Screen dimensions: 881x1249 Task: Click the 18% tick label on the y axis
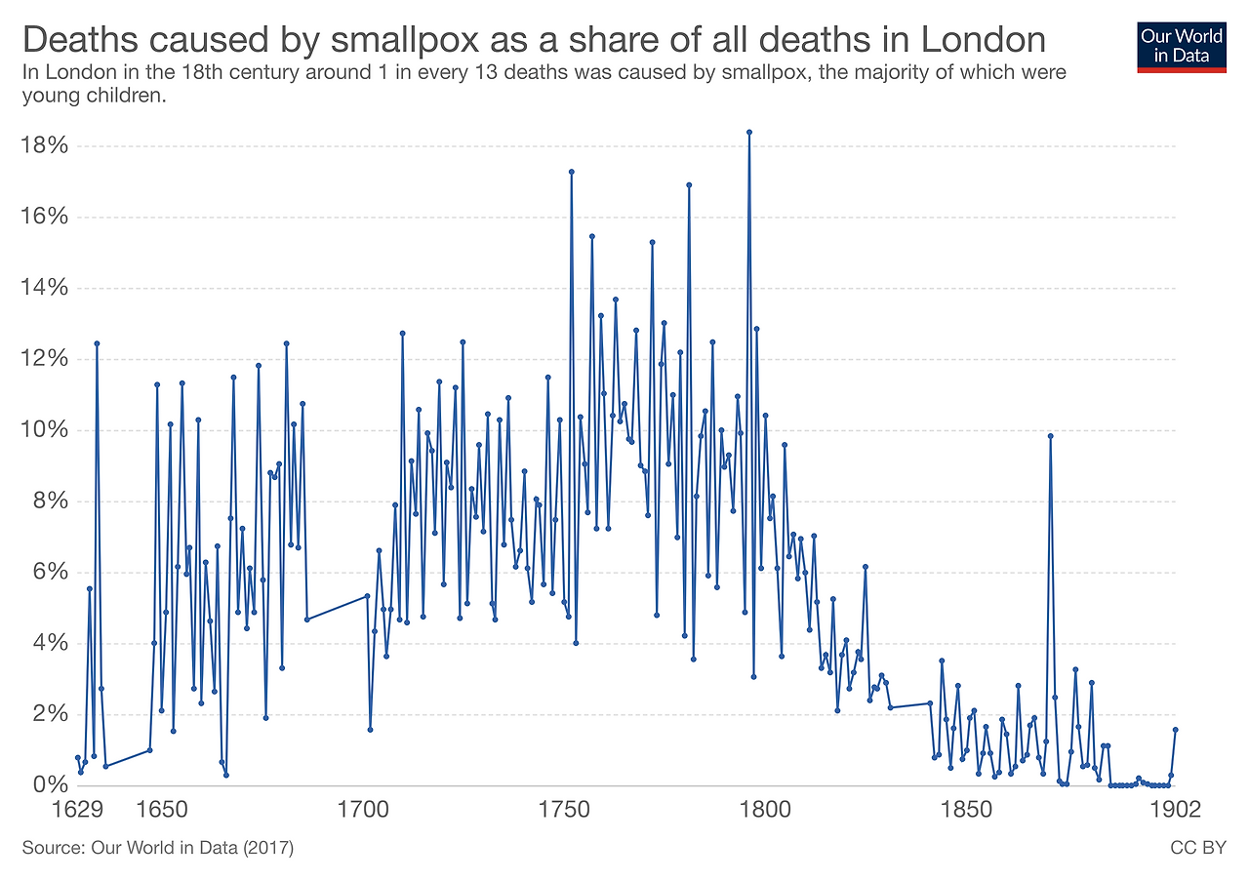[45, 146]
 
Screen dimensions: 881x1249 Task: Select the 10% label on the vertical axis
[45, 430]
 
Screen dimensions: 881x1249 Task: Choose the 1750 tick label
[563, 810]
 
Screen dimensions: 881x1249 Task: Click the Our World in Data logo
[1181, 46]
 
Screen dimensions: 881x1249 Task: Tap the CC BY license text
[1197, 848]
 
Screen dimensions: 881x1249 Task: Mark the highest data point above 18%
[748, 132]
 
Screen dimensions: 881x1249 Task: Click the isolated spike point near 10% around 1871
[1050, 436]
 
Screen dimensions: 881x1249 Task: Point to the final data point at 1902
[1176, 729]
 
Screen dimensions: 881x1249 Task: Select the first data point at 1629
[77, 757]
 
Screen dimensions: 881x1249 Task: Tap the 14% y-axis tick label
[45, 288]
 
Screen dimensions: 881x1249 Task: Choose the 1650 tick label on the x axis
[162, 810]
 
